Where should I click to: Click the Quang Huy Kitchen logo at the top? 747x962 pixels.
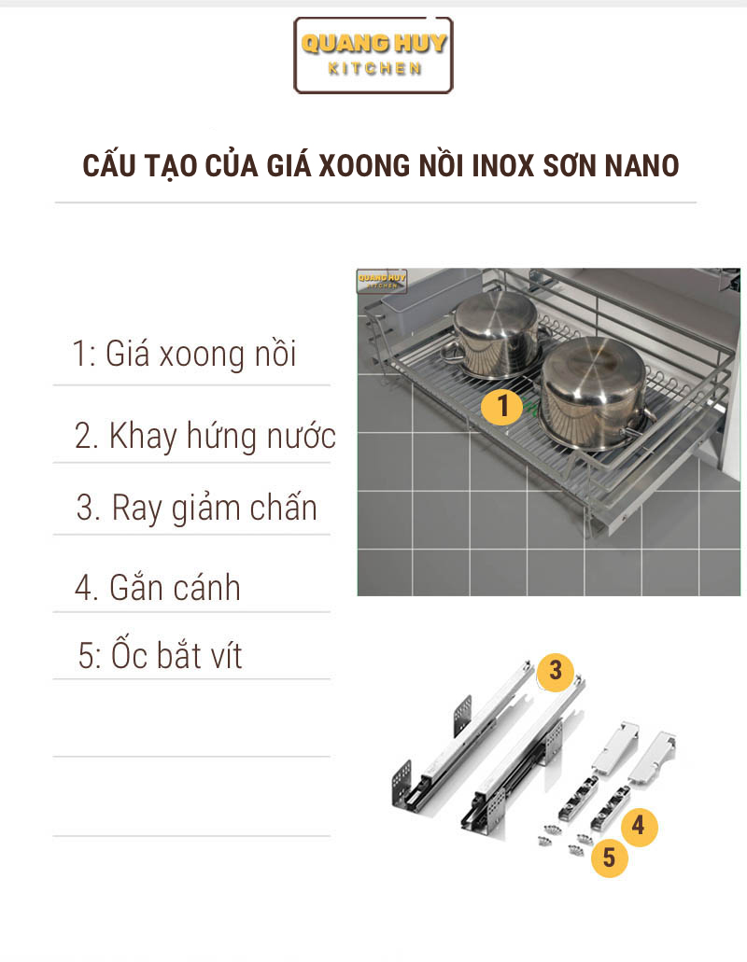click(x=373, y=55)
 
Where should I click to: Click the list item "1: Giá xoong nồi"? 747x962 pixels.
click(x=184, y=354)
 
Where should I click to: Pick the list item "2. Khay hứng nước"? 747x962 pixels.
click(x=205, y=437)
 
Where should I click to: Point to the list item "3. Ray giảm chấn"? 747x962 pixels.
click(x=196, y=509)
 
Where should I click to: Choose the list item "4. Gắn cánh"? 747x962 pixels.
click(x=158, y=588)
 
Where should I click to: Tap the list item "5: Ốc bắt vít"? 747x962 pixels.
click(x=161, y=655)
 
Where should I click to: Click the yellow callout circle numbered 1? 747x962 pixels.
click(x=502, y=406)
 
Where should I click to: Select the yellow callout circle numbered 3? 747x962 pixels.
click(x=556, y=671)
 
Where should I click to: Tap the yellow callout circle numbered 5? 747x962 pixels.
click(x=609, y=857)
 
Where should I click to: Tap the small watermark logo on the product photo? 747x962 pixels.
click(x=382, y=282)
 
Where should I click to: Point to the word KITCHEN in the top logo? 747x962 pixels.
click(x=374, y=69)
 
